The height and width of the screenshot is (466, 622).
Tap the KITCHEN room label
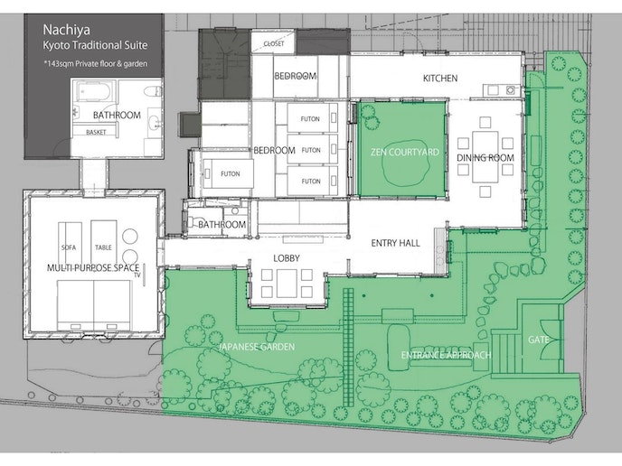[x=440, y=78]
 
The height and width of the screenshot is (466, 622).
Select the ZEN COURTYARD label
[x=405, y=152]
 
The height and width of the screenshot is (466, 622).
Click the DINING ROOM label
[x=485, y=158]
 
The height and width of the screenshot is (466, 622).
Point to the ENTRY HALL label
[x=395, y=243]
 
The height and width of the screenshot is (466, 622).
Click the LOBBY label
[x=287, y=258]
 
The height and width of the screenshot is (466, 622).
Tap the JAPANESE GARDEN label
[x=257, y=347]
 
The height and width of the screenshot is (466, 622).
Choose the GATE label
[x=538, y=340]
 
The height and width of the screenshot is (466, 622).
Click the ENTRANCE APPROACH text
[x=446, y=355]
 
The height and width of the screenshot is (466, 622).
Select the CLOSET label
[x=274, y=43]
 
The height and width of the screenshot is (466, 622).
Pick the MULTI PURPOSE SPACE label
[x=93, y=268]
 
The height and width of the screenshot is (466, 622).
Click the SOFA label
[x=69, y=247]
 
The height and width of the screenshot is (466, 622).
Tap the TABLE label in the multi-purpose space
[x=103, y=247]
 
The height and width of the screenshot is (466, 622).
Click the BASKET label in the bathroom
[x=96, y=133]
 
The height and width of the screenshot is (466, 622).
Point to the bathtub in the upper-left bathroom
[x=93, y=90]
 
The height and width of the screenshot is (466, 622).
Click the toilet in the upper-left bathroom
[x=153, y=91]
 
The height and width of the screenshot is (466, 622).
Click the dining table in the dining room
[x=485, y=156]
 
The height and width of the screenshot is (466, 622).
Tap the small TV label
[x=137, y=275]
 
